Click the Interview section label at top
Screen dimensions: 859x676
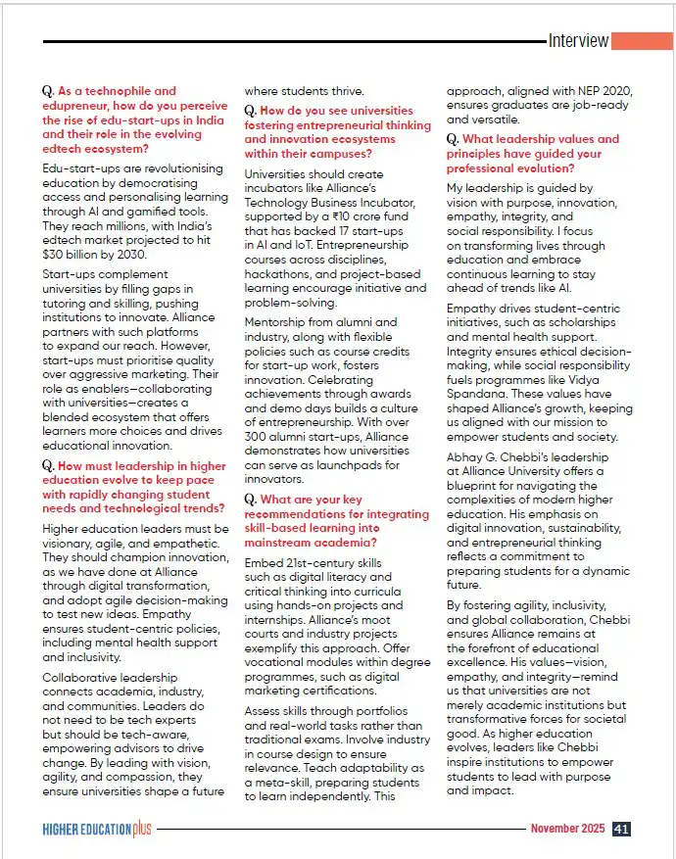pyautogui.click(x=578, y=41)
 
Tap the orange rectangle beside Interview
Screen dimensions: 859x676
pyautogui.click(x=643, y=40)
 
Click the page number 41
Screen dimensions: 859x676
pyautogui.click(x=621, y=829)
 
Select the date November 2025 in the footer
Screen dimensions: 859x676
pyautogui.click(x=568, y=829)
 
